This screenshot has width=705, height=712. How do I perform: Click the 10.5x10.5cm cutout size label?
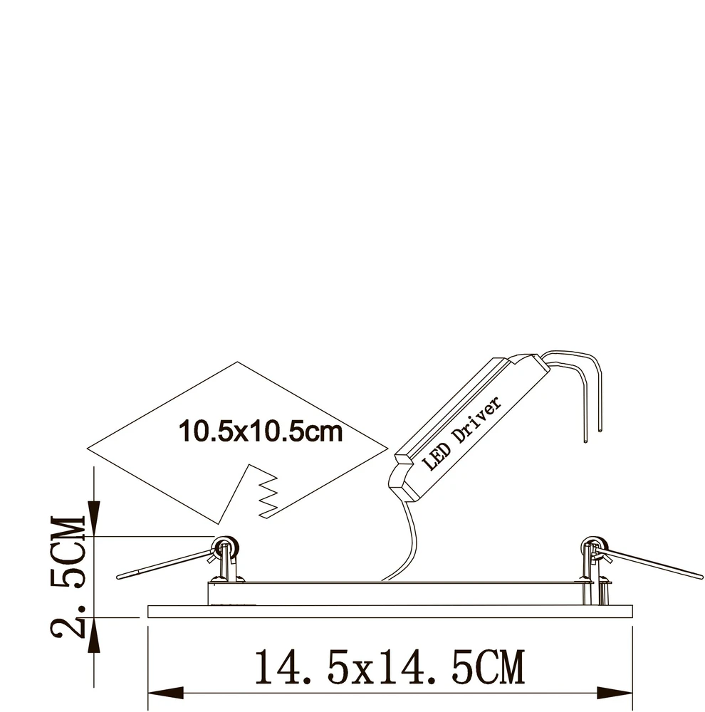261,431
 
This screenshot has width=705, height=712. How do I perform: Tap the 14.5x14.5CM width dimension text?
390,667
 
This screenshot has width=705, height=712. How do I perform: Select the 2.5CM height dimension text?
68,576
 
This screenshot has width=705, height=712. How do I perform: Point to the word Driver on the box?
477,419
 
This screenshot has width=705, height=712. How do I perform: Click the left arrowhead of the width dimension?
166,693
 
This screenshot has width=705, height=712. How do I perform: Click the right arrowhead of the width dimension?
615,693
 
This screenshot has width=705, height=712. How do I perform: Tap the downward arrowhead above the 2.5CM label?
94,518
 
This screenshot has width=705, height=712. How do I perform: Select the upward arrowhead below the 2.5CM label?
94,635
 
